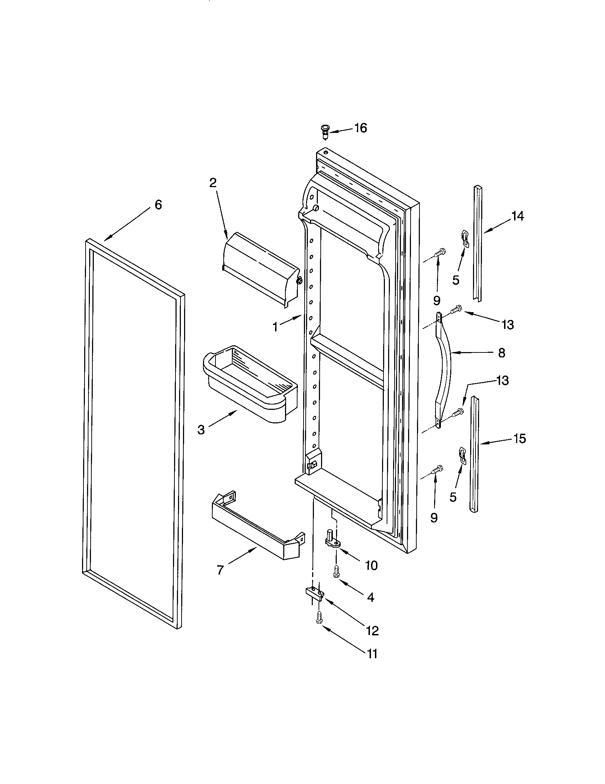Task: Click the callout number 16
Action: click(x=361, y=128)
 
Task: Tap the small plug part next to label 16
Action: click(x=325, y=132)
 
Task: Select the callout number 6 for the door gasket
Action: click(x=158, y=205)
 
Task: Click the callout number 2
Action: click(x=213, y=183)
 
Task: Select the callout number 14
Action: click(x=518, y=216)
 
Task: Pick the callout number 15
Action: click(x=519, y=438)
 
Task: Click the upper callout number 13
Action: click(x=508, y=325)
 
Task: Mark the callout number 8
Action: click(x=502, y=353)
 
